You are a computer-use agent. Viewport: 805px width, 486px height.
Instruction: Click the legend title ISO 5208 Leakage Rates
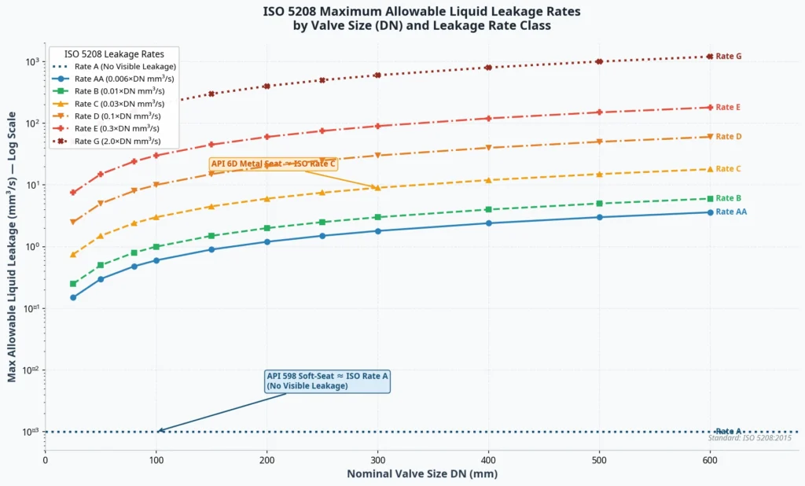[114, 54]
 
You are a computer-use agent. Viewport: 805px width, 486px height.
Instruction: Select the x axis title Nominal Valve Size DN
[422, 474]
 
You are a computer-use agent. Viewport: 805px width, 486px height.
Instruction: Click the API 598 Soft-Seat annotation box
[327, 381]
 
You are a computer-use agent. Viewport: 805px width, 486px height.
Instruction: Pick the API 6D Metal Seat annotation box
[273, 164]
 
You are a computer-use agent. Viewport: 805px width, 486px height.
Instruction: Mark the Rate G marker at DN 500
[600, 61]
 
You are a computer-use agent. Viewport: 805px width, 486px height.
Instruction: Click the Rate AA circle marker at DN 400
[489, 223]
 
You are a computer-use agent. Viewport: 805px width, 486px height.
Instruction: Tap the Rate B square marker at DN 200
[267, 228]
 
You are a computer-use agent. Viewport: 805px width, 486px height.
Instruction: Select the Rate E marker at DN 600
[710, 107]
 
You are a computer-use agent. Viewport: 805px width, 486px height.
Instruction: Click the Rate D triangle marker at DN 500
[600, 142]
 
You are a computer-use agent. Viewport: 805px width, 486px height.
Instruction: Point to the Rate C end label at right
[728, 169]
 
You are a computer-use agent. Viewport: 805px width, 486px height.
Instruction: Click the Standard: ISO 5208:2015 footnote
[749, 438]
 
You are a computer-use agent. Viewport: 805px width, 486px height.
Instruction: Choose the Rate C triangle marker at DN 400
[489, 180]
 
